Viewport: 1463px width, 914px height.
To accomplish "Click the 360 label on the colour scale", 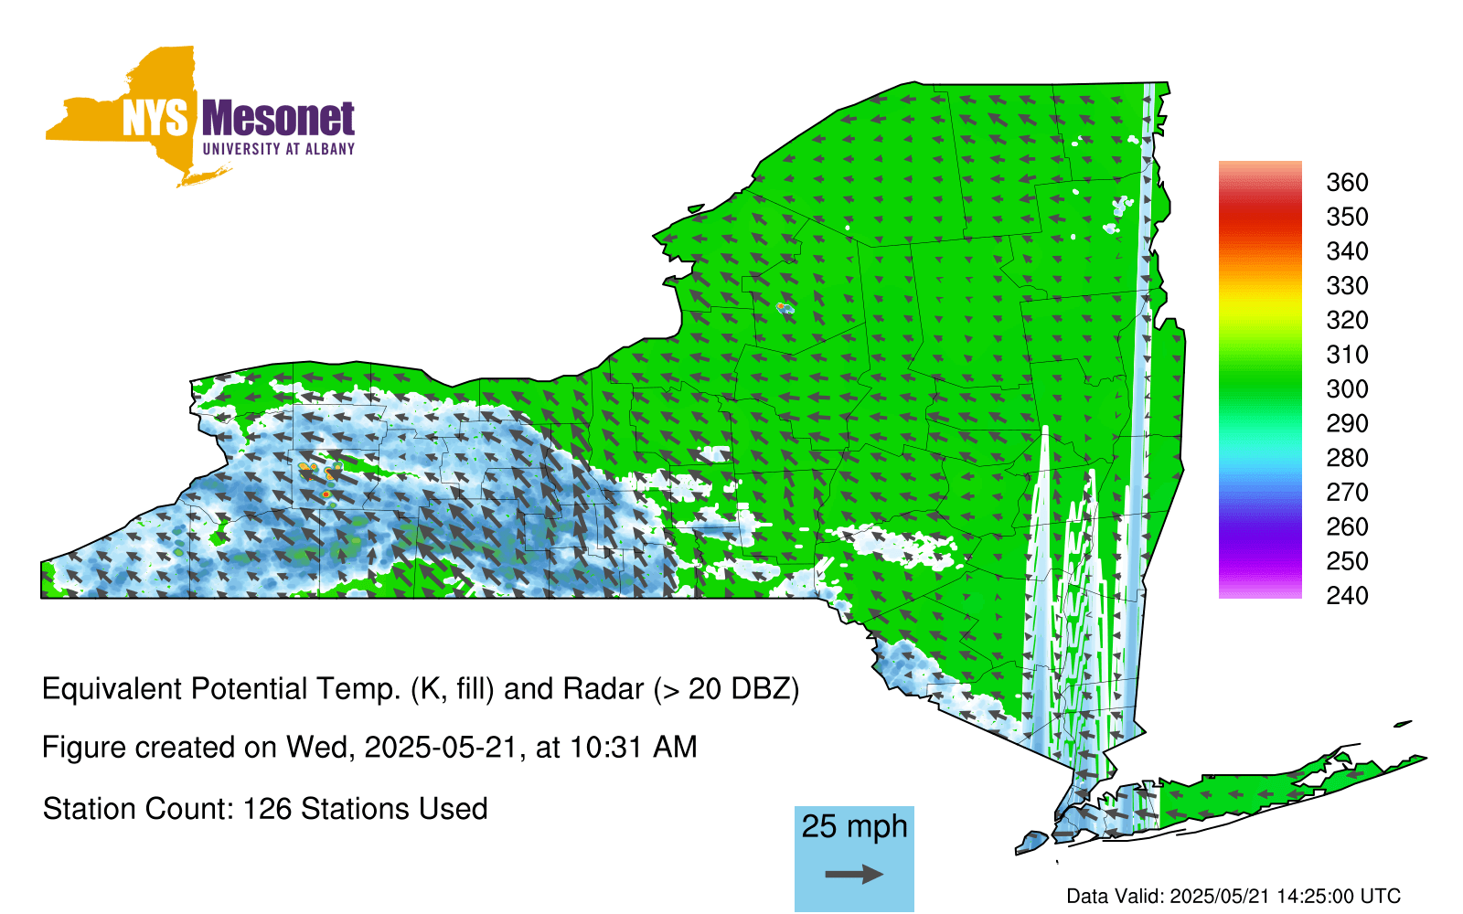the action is pos(1347,182).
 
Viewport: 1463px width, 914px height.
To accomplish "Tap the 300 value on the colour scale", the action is pos(1347,389).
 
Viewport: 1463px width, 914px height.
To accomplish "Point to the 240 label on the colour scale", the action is pos(1347,595).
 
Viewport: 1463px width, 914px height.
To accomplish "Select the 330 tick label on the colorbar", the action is pos(1347,285).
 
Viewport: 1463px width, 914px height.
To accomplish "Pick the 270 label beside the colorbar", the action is pos(1347,493).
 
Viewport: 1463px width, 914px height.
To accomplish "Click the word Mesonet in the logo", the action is pos(279,119).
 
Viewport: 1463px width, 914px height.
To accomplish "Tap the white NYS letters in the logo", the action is pos(155,119).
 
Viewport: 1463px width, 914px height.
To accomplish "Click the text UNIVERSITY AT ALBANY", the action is pos(279,149).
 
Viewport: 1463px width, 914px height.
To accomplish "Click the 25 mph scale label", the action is pos(854,827).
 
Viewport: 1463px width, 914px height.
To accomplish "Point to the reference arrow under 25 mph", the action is pos(854,874).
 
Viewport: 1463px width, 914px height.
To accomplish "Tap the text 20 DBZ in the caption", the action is pos(739,689).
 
